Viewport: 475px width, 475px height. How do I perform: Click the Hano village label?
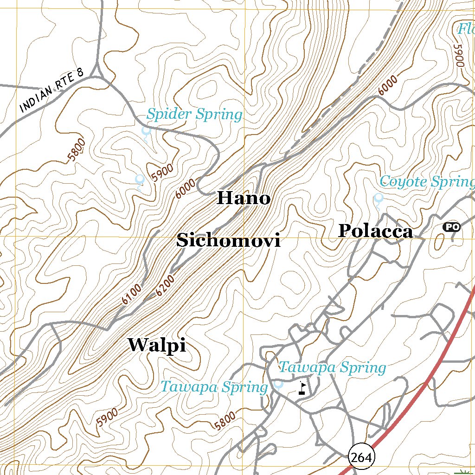[x=244, y=199]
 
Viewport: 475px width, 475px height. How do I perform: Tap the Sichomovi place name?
[x=228, y=241]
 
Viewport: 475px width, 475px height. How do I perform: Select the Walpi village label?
[x=157, y=345]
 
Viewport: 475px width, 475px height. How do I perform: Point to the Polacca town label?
[x=375, y=231]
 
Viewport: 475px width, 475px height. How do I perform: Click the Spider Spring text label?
[x=194, y=114]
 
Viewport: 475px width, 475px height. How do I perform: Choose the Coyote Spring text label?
[x=426, y=181]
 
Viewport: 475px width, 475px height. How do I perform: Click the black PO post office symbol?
[x=451, y=227]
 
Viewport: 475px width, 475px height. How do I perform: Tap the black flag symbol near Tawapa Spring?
[x=302, y=387]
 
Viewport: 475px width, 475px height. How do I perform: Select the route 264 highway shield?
[x=361, y=458]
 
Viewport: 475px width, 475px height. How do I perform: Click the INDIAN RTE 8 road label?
[x=52, y=91]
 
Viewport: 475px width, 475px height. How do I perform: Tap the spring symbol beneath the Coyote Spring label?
[x=379, y=199]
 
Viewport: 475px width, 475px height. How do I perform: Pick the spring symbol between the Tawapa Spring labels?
[x=278, y=384]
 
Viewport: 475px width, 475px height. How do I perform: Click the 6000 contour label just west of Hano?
[x=186, y=189]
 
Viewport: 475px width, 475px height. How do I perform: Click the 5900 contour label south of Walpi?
[x=107, y=417]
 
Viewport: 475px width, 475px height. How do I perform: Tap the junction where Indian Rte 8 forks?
[x=98, y=74]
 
